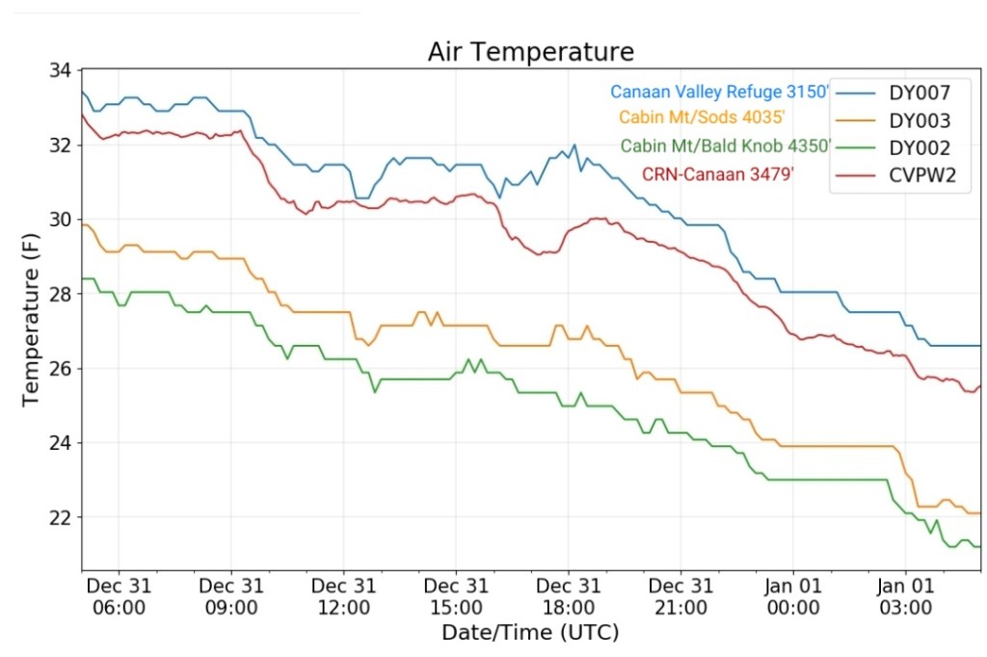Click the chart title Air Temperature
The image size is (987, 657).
pos(531,52)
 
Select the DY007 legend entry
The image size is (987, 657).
pos(920,93)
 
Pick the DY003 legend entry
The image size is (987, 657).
pos(920,121)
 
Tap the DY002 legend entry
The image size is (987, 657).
pos(920,148)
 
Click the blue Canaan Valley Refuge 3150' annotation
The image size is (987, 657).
pos(719,92)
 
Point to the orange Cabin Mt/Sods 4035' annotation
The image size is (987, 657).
pos(702,118)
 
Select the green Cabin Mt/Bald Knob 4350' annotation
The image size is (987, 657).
pos(725,146)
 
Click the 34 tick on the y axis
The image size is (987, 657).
pos(60,71)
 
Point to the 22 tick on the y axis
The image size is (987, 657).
pos(60,518)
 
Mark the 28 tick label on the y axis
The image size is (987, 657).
pos(60,295)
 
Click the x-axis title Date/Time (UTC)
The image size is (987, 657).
pos(530,633)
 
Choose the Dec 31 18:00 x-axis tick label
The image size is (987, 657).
pos(569,596)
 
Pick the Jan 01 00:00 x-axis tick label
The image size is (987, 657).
pos(792,596)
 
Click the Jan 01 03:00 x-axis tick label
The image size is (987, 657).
pos(905,596)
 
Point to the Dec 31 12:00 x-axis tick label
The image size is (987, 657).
pos(343,596)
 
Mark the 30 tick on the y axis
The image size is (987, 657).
pos(60,221)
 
